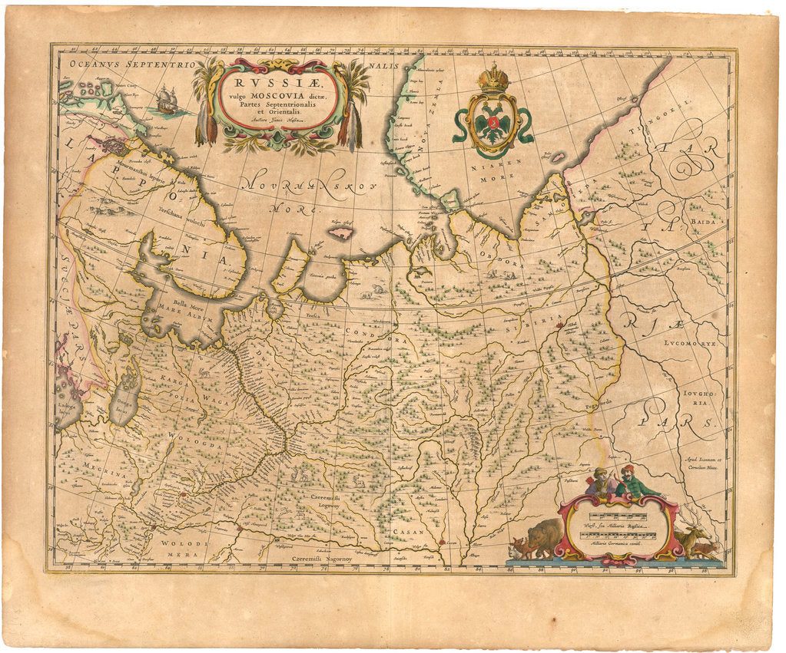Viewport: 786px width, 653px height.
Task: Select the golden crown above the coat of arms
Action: click(492, 79)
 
